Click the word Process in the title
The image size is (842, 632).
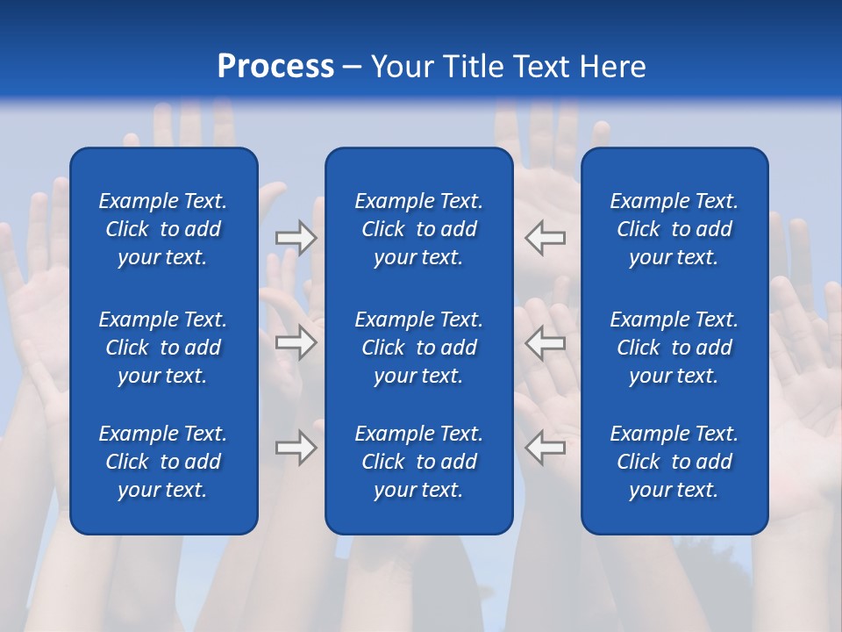[275, 67]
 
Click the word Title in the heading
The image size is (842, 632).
[471, 67]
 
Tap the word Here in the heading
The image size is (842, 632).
[613, 67]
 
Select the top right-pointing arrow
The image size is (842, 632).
[296, 238]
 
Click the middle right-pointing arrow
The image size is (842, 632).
[296, 342]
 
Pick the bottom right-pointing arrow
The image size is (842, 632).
[296, 448]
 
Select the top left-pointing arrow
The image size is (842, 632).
[546, 238]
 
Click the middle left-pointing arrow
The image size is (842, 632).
[546, 342]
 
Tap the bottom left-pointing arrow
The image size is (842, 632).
[546, 448]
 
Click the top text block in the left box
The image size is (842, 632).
[163, 229]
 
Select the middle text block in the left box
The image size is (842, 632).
[163, 348]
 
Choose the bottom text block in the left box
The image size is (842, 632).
[163, 462]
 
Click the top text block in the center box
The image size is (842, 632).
[418, 229]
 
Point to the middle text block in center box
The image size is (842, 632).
[418, 348]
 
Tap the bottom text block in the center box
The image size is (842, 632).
[418, 462]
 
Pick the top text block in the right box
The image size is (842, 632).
[674, 229]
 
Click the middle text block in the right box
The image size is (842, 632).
[674, 348]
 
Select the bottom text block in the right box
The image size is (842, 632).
[674, 462]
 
